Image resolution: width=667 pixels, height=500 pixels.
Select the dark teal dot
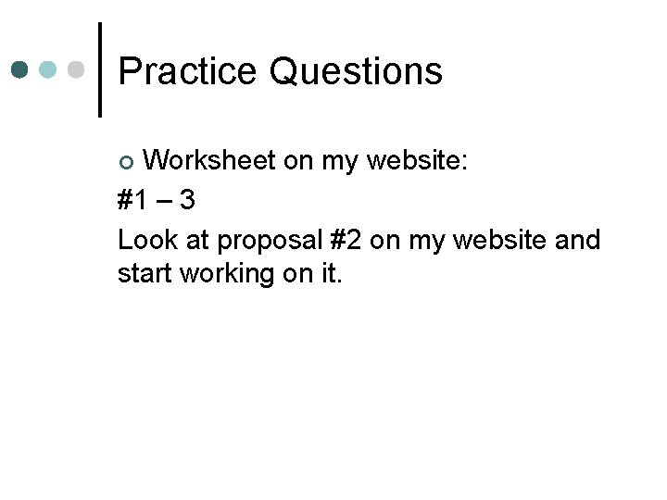(21, 70)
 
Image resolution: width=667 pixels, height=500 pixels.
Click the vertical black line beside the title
(99, 69)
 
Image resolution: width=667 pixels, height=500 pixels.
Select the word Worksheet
(209, 161)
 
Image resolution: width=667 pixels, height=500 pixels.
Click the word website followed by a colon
(419, 161)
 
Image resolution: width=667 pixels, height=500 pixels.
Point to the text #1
(134, 201)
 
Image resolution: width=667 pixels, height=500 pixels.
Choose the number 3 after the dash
(186, 201)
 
